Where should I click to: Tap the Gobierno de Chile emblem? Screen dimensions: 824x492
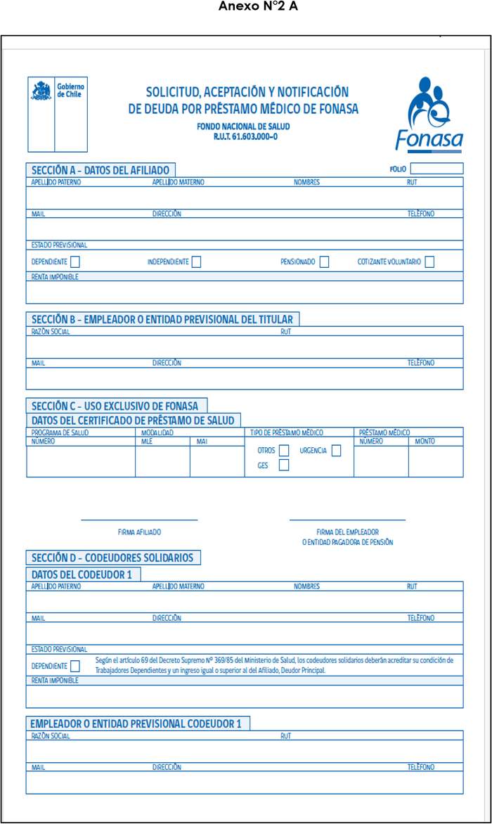tap(41, 91)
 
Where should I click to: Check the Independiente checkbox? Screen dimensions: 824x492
tap(196, 262)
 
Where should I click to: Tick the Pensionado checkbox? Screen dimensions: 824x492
tap(324, 262)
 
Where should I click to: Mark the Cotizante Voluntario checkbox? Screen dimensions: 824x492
tap(429, 262)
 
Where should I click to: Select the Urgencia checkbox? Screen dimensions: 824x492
tap(336, 451)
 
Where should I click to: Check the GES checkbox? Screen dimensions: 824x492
tap(284, 465)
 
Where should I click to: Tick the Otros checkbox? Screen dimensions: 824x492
tap(284, 451)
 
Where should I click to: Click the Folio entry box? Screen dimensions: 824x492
tap(436, 169)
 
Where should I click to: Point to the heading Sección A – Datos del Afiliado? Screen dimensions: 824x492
tap(100, 169)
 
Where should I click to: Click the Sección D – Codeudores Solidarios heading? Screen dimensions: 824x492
tap(112, 558)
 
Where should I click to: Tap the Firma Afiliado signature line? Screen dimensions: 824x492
tap(139, 520)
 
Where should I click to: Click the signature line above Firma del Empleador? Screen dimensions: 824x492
tap(347, 520)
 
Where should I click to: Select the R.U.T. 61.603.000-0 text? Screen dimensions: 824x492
tap(245, 136)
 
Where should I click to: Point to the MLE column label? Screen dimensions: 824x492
tap(147, 442)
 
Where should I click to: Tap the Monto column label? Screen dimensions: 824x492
tap(425, 442)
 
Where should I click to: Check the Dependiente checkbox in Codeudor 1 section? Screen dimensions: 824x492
tap(75, 666)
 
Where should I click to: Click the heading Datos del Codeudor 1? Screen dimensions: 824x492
tap(82, 574)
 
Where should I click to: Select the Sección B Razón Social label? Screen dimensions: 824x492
tap(51, 331)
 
